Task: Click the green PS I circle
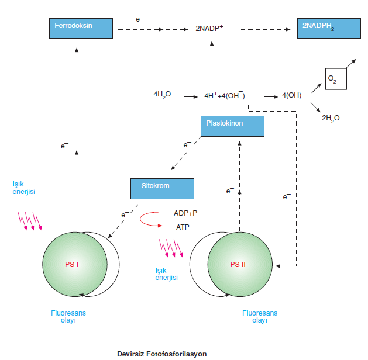pyautogui.click(x=75, y=264)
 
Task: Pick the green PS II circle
pyautogui.click(x=239, y=264)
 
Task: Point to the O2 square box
pyautogui.click(x=336, y=79)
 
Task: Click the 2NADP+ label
pyautogui.click(x=209, y=27)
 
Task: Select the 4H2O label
pyautogui.click(x=162, y=94)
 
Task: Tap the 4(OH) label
pyautogui.click(x=291, y=95)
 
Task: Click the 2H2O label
pyautogui.click(x=331, y=117)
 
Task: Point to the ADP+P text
pyautogui.click(x=185, y=213)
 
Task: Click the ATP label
pyautogui.click(x=182, y=227)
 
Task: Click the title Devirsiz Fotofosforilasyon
pyautogui.click(x=161, y=353)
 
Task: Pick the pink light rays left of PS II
pyautogui.click(x=171, y=247)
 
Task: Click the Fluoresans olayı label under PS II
pyautogui.click(x=260, y=317)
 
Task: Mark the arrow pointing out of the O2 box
pyautogui.click(x=349, y=63)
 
